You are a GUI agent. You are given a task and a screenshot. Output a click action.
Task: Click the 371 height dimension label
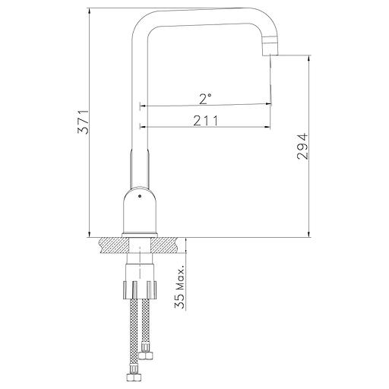click(83, 122)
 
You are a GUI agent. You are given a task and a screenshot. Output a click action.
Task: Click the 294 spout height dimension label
click(302, 146)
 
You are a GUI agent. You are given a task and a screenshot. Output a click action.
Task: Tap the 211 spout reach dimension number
click(206, 121)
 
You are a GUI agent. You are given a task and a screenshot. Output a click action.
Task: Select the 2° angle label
click(205, 99)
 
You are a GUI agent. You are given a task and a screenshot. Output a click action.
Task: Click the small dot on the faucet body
click(139, 196)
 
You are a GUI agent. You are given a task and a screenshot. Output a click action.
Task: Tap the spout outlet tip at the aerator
click(270, 55)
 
